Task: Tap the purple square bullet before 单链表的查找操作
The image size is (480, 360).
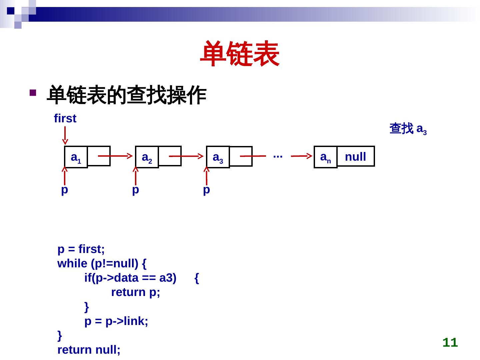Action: (x=32, y=93)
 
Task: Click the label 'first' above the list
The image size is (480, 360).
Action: (x=65, y=118)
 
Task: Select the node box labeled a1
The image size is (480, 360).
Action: (x=76, y=157)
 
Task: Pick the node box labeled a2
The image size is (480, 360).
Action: (x=147, y=157)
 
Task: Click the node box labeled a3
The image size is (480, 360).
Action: (x=218, y=157)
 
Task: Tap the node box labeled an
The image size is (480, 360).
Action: (x=325, y=157)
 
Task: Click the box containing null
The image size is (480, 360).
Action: (x=356, y=156)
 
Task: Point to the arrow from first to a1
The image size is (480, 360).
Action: (x=65, y=135)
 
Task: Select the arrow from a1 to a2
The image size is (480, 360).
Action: (x=115, y=156)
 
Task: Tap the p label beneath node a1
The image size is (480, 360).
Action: (x=65, y=190)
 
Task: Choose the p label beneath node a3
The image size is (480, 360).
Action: (x=207, y=190)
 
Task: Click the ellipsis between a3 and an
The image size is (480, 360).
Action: (x=278, y=156)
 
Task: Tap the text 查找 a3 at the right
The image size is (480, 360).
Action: (x=408, y=129)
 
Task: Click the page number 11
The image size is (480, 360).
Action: (x=450, y=342)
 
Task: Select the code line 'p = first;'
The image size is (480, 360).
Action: (x=81, y=249)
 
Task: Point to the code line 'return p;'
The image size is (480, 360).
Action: (x=136, y=292)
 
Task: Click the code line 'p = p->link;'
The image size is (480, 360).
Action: (x=116, y=321)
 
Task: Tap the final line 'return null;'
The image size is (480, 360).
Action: (x=89, y=350)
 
